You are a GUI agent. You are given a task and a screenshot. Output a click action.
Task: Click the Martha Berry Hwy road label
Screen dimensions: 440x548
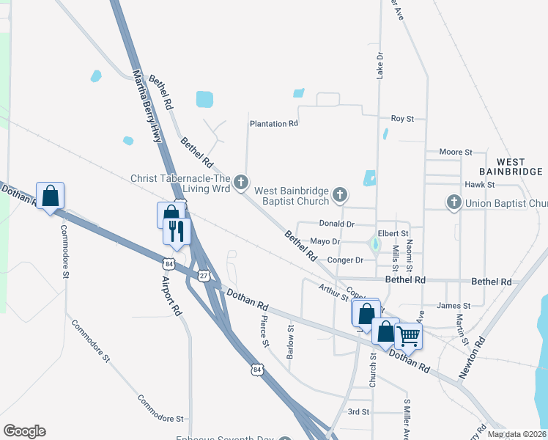point(146,106)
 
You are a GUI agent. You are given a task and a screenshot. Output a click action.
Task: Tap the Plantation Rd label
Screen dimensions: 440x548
point(273,124)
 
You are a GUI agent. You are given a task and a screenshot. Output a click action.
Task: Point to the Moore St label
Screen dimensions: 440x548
point(455,152)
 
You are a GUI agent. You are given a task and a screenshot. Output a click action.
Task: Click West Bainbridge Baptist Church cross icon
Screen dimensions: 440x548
point(339,194)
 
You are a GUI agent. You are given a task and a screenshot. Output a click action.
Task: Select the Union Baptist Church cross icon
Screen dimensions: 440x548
point(453,202)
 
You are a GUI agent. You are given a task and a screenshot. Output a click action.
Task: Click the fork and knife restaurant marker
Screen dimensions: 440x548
point(177,231)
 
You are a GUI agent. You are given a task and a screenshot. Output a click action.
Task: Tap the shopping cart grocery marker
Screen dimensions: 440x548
point(408,336)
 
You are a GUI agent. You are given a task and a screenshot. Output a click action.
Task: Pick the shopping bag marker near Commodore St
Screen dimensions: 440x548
point(50,196)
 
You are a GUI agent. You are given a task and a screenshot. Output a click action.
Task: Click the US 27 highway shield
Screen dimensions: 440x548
point(203,274)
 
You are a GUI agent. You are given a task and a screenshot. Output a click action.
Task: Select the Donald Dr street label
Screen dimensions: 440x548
point(337,224)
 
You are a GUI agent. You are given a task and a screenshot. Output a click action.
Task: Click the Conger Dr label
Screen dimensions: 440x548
point(347,260)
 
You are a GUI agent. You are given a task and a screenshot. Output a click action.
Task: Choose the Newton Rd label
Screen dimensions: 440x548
point(473,358)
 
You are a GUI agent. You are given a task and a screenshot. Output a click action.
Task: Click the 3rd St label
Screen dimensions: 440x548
point(358,411)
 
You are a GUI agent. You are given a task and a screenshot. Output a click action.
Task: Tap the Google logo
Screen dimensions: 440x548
point(24,431)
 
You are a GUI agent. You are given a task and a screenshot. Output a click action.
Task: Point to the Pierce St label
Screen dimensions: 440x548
point(264,331)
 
